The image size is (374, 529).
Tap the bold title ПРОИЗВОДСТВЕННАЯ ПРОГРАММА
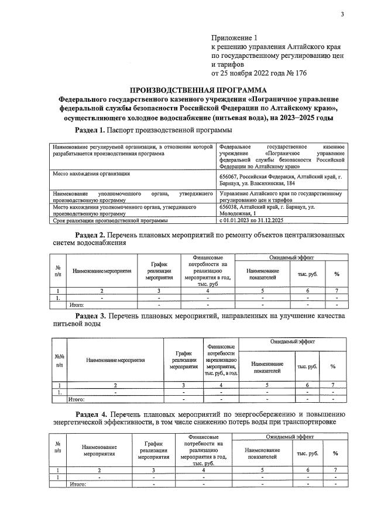pos(198,90)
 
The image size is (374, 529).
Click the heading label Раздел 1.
pos(92,129)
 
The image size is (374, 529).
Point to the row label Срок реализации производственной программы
pos(110,220)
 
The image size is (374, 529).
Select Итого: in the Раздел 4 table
pos(78,484)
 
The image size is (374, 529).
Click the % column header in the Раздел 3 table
pos(333,367)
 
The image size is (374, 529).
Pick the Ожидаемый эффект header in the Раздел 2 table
pos(290,257)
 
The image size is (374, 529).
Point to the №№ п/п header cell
pos(59,359)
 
